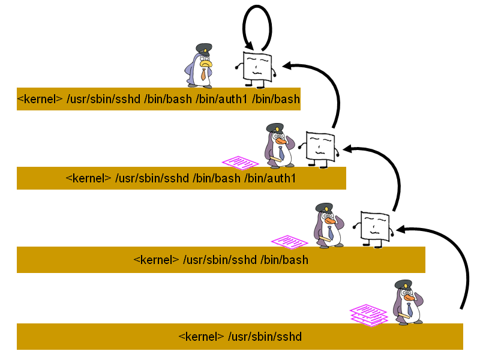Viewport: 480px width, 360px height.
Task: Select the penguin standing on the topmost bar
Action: click(199, 66)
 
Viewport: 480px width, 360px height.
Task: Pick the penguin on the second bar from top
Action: click(278, 145)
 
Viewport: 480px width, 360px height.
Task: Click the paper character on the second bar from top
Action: click(319, 148)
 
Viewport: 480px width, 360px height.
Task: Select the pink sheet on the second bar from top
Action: click(240, 163)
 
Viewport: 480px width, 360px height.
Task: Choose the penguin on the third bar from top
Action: click(328, 226)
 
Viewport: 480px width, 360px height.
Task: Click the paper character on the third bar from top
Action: click(373, 229)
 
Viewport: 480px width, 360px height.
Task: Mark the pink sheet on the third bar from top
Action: click(289, 242)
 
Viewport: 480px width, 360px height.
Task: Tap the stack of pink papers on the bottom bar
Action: click(369, 314)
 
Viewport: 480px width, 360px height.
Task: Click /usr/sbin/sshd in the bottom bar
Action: click(265, 337)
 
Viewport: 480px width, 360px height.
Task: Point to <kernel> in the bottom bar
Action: click(201, 337)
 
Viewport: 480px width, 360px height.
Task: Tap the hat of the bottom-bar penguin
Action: click(404, 284)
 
